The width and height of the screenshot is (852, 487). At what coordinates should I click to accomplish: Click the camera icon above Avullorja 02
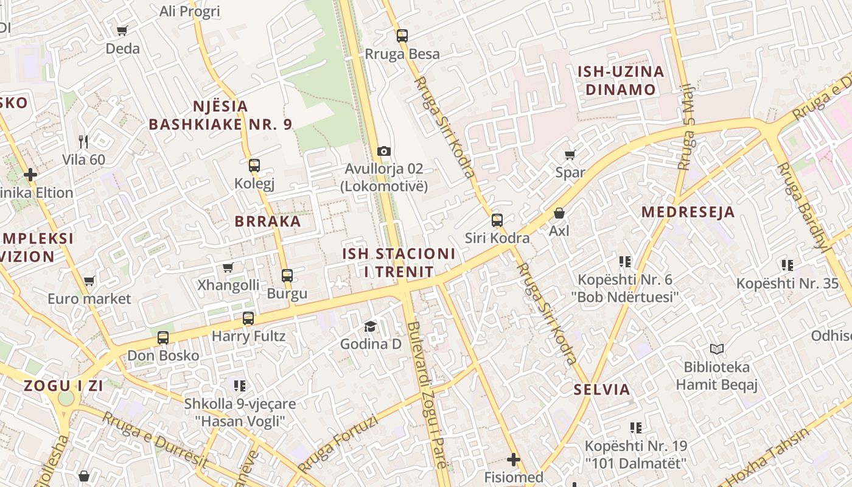coord(383,151)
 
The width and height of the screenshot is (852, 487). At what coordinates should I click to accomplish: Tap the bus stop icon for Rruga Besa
coord(402,35)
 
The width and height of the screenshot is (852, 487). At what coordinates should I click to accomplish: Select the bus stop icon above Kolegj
coord(254,165)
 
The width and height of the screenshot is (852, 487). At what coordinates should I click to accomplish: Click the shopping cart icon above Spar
coord(570,155)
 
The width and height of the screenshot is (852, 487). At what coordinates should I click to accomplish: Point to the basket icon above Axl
coord(559,213)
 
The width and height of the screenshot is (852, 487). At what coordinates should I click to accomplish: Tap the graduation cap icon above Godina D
coord(370,327)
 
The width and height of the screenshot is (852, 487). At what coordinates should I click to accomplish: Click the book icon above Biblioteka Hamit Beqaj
coord(717,349)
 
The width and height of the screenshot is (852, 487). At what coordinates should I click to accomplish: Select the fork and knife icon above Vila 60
coord(83,142)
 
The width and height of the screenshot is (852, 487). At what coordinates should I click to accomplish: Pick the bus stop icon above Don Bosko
coord(162,338)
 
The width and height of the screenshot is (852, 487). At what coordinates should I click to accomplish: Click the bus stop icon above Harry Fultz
coord(248,318)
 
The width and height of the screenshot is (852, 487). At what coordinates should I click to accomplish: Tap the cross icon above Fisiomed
coord(514,459)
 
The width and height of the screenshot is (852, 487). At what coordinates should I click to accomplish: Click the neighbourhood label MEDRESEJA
coord(688,212)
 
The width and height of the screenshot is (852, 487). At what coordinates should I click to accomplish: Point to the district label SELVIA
coord(602,390)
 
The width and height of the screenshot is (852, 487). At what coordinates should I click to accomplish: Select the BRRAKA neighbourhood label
coord(268,222)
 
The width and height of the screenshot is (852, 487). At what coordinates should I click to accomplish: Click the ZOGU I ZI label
coord(63,385)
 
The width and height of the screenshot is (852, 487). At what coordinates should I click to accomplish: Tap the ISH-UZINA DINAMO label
coord(620,80)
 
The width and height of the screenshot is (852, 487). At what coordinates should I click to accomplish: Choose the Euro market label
coord(89,299)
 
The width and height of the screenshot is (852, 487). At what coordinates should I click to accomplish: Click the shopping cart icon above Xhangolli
coord(228,267)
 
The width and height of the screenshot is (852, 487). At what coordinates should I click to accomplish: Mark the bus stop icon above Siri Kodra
coord(497,220)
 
